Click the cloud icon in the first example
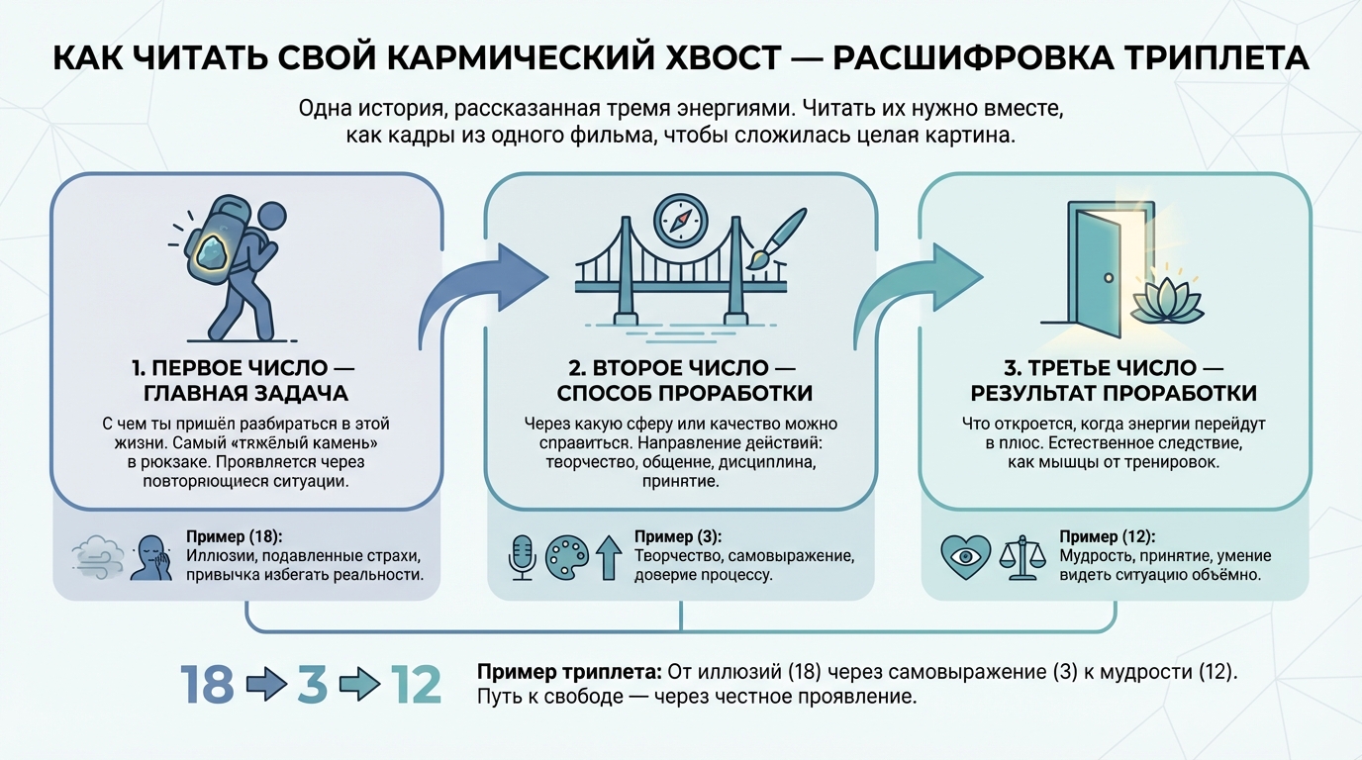click(98, 556)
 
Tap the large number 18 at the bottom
click(207, 685)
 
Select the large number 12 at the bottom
click(416, 685)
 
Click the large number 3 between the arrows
click(312, 685)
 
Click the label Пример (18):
click(235, 537)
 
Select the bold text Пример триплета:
click(569, 671)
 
